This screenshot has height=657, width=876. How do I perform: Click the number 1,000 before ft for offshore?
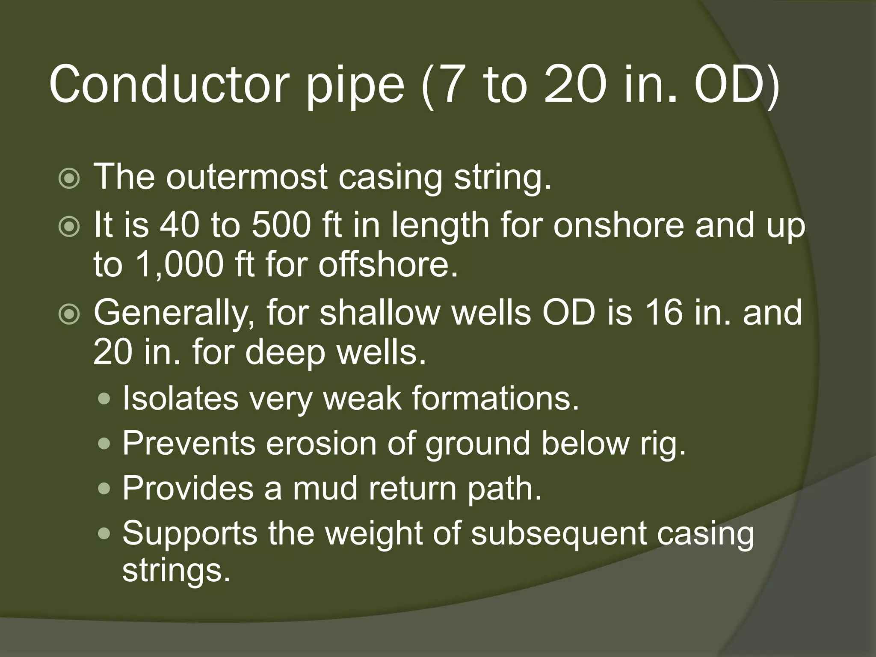pyautogui.click(x=179, y=264)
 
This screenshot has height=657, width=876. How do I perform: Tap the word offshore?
pyautogui.click(x=388, y=264)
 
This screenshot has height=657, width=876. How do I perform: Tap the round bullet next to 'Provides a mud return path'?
pyautogui.click(x=104, y=489)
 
